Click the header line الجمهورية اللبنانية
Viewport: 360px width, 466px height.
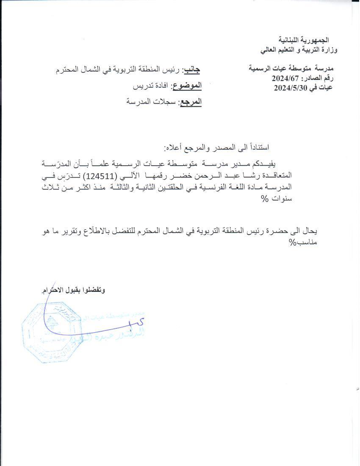coord(308,41)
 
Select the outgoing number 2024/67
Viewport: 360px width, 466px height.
coord(287,78)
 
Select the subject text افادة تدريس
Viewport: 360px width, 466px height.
coord(150,86)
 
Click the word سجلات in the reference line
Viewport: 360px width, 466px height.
coord(159,102)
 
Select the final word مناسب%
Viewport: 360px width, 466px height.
coord(306,243)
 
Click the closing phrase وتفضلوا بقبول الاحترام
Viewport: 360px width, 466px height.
coord(73,290)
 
